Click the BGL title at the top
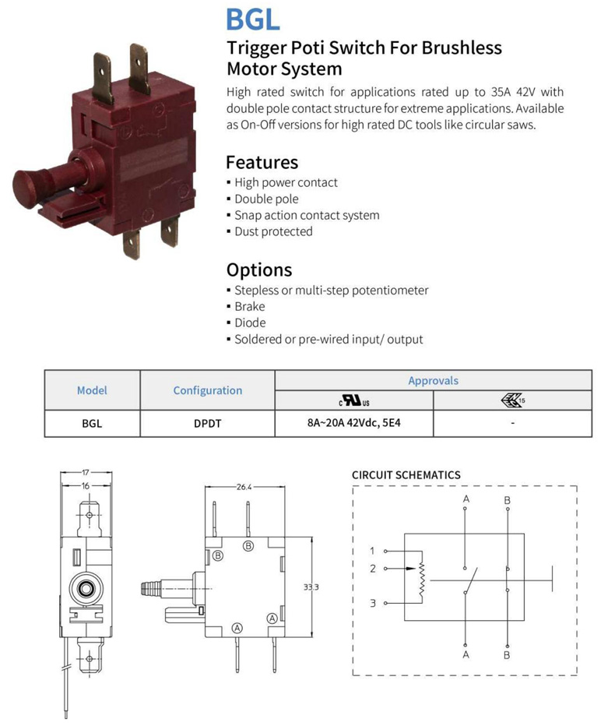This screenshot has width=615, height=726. click(252, 19)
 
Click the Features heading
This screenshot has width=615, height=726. click(262, 162)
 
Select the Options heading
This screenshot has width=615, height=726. click(258, 270)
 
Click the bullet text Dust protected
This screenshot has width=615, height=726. click(273, 231)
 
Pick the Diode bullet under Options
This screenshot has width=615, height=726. click(250, 322)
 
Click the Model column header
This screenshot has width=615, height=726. click(92, 389)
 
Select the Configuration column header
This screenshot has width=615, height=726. click(207, 390)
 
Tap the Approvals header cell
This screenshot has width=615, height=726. click(433, 380)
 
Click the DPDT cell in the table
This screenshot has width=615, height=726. click(207, 424)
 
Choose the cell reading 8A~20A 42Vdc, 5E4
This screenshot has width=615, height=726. click(353, 424)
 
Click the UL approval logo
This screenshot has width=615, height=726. click(353, 400)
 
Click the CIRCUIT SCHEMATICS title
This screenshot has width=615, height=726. click(406, 474)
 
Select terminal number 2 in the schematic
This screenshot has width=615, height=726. click(373, 569)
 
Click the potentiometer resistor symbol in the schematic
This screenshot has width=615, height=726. click(422, 580)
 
